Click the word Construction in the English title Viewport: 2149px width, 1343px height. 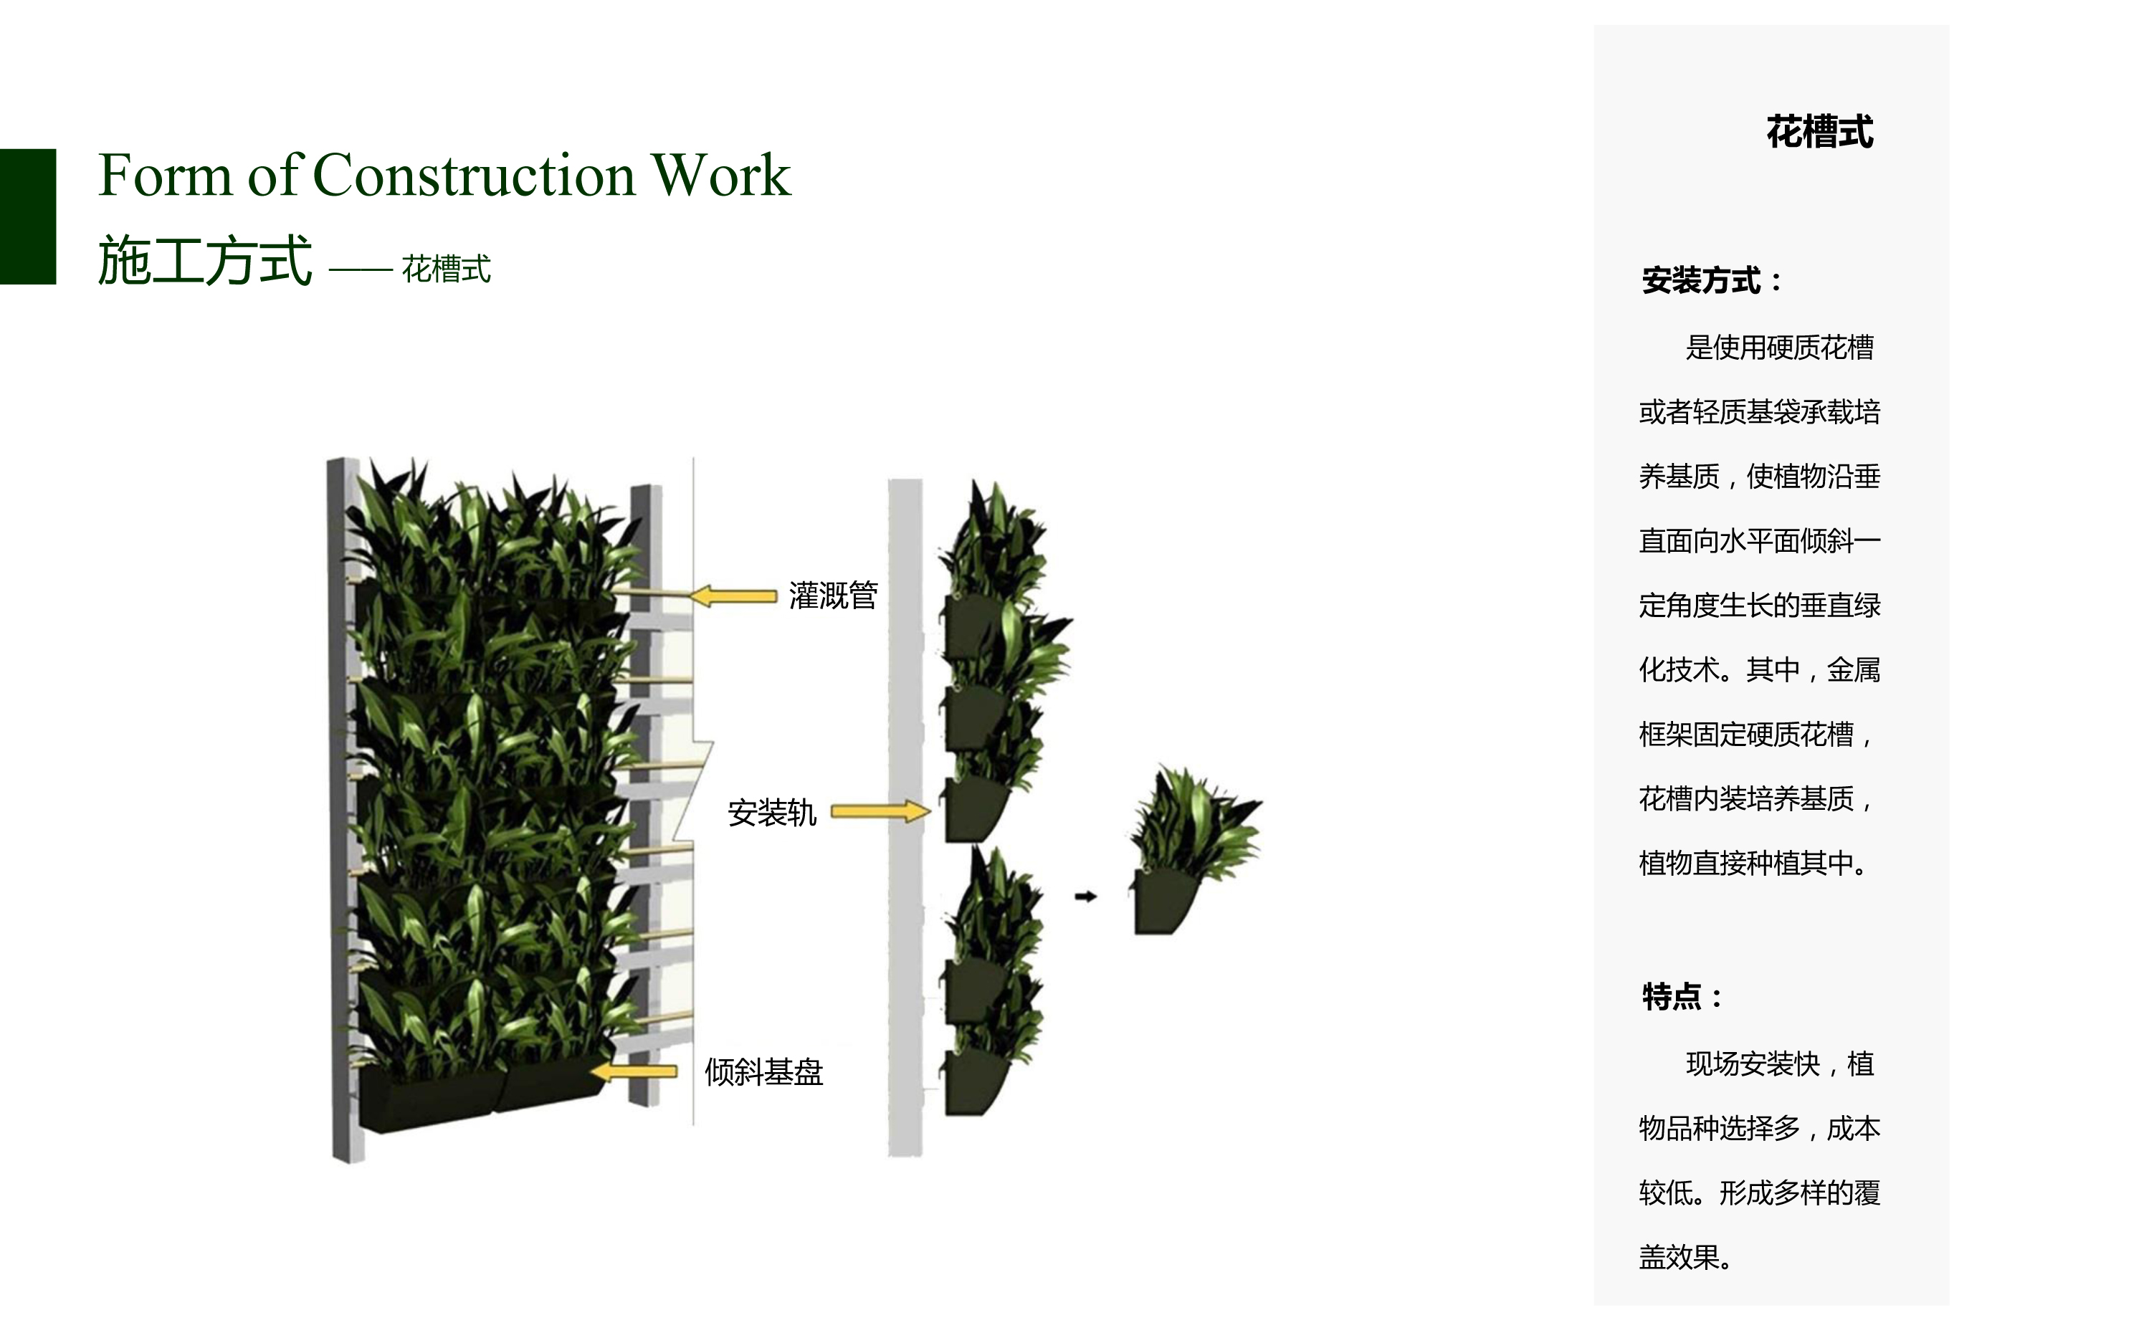click(x=475, y=174)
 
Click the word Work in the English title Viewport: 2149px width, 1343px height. click(x=720, y=174)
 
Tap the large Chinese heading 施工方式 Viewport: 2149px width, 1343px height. click(x=205, y=261)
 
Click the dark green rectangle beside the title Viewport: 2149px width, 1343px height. click(x=27, y=216)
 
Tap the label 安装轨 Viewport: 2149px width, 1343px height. click(x=771, y=813)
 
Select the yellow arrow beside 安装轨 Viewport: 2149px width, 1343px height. click(x=880, y=811)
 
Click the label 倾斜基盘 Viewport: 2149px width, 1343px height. click(x=764, y=1072)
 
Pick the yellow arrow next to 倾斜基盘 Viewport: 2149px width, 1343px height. click(x=634, y=1072)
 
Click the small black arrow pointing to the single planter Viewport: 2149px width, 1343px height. click(x=1085, y=897)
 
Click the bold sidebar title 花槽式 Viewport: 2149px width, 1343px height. click(x=1819, y=133)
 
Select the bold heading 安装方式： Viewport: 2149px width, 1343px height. click(x=1711, y=281)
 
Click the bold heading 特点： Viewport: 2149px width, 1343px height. click(x=1682, y=997)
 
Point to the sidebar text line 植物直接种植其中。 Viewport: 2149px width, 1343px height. click(x=1753, y=862)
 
